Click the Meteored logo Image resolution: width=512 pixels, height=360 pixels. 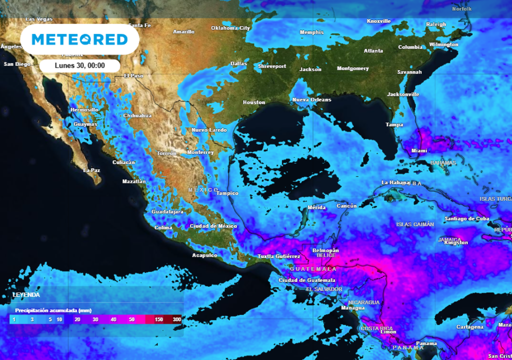click(x=79, y=39)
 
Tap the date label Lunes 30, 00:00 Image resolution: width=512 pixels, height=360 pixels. click(x=80, y=65)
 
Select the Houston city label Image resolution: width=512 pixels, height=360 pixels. click(x=254, y=102)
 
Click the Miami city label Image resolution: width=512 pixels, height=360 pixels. click(x=419, y=150)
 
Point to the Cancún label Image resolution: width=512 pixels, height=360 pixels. click(x=346, y=206)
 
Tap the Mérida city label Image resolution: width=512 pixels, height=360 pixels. click(x=316, y=207)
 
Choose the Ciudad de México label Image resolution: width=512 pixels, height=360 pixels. click(x=213, y=226)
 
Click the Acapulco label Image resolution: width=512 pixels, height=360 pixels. click(x=204, y=255)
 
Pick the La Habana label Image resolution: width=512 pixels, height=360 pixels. click(x=395, y=182)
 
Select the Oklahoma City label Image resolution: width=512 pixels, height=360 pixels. click(x=230, y=28)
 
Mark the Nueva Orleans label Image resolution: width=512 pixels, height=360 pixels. click(x=311, y=99)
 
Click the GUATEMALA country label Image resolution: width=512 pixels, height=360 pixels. click(x=313, y=269)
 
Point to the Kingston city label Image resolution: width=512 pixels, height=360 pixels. click(x=455, y=243)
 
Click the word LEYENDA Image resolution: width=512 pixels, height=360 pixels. click(x=26, y=295)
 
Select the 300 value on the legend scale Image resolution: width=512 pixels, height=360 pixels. click(x=176, y=319)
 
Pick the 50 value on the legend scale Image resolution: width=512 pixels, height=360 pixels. click(x=131, y=319)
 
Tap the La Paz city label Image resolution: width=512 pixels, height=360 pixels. click(x=91, y=170)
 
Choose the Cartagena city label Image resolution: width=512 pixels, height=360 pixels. click(x=470, y=327)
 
